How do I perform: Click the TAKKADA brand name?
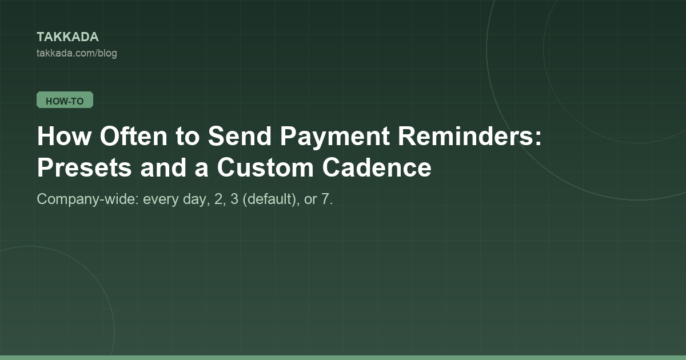point(67,37)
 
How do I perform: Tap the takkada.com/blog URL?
point(77,53)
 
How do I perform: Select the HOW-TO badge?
point(65,100)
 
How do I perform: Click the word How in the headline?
point(64,136)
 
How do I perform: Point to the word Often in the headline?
point(134,136)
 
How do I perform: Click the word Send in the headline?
point(240,136)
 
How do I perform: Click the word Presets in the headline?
point(85,168)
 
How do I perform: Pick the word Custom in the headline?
point(265,168)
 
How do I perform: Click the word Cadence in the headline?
point(377,168)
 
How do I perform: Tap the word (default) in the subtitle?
point(269,199)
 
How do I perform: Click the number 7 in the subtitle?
point(325,199)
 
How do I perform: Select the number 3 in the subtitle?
point(234,199)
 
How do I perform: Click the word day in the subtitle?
point(194,199)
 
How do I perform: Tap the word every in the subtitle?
point(161,201)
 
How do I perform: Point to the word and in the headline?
point(163,168)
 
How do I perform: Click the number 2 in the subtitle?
point(218,199)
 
